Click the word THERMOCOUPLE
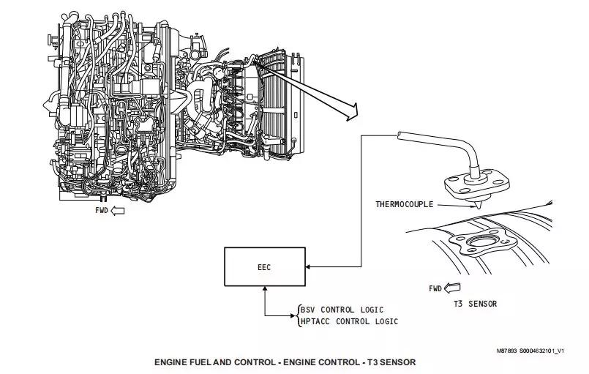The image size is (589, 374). (405, 204)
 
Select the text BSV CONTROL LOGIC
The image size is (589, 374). (342, 310)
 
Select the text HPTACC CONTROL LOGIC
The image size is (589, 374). (348, 321)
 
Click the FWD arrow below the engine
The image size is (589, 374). (116, 210)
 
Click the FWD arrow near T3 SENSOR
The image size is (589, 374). (454, 288)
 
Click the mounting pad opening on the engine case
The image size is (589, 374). (483, 244)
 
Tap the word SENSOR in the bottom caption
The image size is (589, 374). (397, 362)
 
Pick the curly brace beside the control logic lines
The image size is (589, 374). (298, 315)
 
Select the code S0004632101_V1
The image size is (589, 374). (541, 351)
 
